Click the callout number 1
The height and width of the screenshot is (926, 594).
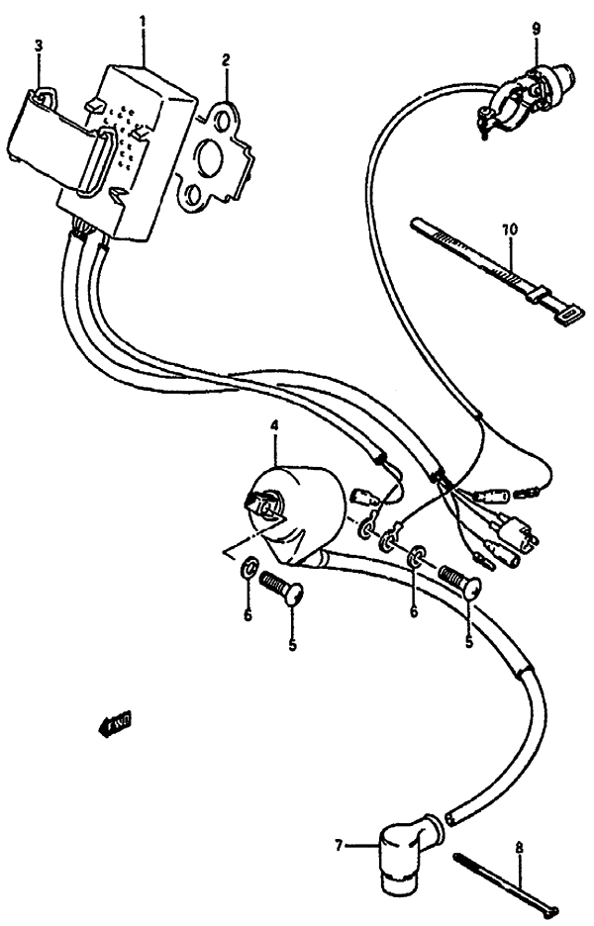(x=143, y=19)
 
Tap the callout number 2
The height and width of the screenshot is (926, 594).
(x=225, y=59)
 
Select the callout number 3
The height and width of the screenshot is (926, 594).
(x=39, y=46)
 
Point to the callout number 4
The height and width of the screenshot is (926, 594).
(x=274, y=427)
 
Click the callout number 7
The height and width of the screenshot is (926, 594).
(x=339, y=845)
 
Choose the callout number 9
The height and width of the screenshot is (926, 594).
(x=535, y=29)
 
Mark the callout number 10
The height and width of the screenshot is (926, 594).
(x=510, y=230)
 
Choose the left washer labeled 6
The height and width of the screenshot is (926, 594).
(x=248, y=568)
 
